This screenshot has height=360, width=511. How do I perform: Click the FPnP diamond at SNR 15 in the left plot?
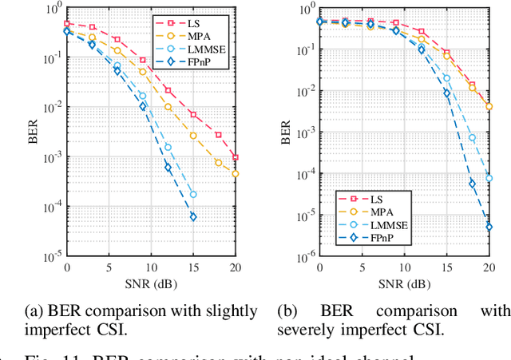click(x=193, y=216)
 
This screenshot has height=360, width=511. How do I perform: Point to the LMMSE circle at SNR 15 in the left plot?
click(x=193, y=194)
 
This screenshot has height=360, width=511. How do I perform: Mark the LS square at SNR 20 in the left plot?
click(x=236, y=157)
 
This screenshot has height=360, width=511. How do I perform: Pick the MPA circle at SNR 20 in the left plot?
click(x=236, y=173)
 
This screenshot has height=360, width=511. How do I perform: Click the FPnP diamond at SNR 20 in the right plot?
click(x=489, y=227)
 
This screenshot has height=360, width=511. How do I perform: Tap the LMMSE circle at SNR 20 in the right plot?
click(x=489, y=170)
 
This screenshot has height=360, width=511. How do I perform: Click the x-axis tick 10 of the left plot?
click(x=151, y=267)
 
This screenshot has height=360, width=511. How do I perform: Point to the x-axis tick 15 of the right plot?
click(x=446, y=267)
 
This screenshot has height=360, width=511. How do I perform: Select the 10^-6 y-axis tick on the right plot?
click(x=304, y=255)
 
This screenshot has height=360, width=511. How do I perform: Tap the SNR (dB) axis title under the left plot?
click(x=151, y=281)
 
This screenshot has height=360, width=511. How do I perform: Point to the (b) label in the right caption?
click(x=287, y=311)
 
